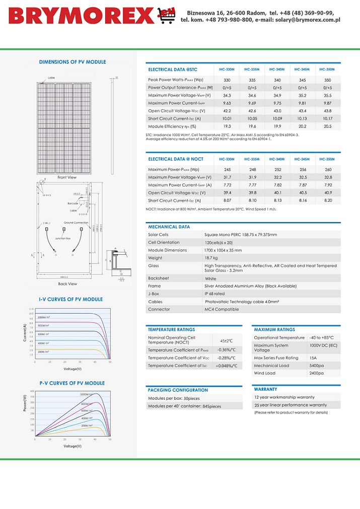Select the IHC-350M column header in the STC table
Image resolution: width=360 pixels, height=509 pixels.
[327, 69]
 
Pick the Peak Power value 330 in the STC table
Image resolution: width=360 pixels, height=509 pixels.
[227, 80]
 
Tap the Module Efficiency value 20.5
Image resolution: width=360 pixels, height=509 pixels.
[328, 126]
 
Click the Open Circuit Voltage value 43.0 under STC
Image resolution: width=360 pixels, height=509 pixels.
[277, 111]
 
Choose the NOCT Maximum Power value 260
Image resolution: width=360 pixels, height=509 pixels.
[328, 169]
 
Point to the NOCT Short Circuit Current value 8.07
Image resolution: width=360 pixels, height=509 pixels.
[227, 200]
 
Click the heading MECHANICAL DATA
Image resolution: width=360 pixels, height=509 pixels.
[169, 227]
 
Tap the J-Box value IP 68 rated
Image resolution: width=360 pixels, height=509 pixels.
[215, 294]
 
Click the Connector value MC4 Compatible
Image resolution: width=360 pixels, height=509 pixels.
[222, 309]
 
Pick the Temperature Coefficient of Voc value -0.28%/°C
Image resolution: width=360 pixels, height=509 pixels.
[226, 357]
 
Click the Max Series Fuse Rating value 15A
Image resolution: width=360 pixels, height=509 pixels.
[313, 357]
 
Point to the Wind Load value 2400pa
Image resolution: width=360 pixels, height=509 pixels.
[317, 373]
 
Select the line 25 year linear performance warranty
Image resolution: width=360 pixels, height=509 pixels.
[291, 405]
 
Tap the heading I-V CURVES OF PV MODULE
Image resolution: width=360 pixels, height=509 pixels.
[70, 299]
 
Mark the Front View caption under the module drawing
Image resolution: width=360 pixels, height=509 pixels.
[67, 178]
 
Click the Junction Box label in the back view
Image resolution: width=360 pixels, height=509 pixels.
[63, 238]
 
